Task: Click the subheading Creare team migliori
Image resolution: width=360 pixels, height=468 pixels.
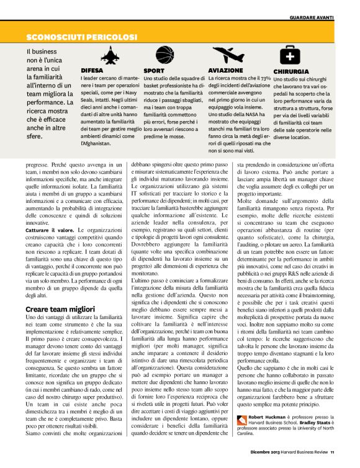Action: click(60, 308)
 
